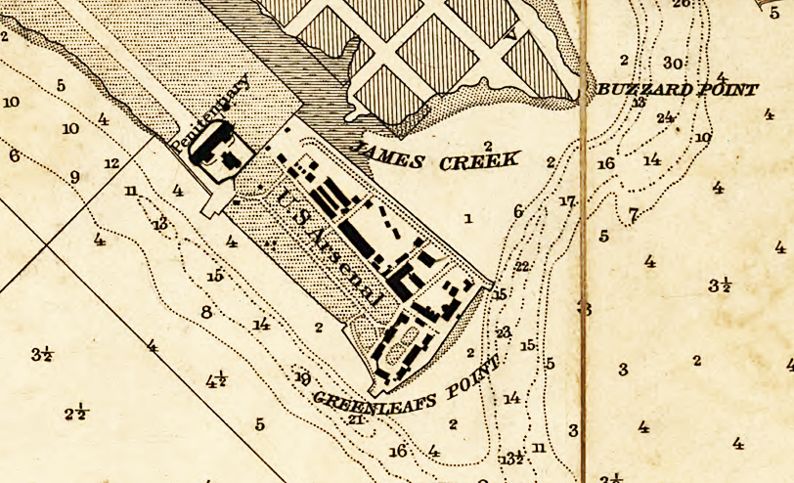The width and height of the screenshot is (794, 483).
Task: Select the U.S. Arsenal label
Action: coord(329,243)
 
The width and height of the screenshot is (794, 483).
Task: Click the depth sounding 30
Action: coord(673,64)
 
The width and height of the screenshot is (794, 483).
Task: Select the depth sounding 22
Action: coord(522,266)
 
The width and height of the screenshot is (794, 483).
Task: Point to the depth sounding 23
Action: coord(504,332)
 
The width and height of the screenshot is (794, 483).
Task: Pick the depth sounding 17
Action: coord(567,202)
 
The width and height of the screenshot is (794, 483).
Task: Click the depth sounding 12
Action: coord(111,163)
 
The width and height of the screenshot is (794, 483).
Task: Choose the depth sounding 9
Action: coord(74,177)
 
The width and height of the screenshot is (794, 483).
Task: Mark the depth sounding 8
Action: coord(205,313)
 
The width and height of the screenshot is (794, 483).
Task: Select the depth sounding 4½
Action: coord(217,380)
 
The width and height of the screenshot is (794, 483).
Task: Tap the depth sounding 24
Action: coord(666,117)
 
